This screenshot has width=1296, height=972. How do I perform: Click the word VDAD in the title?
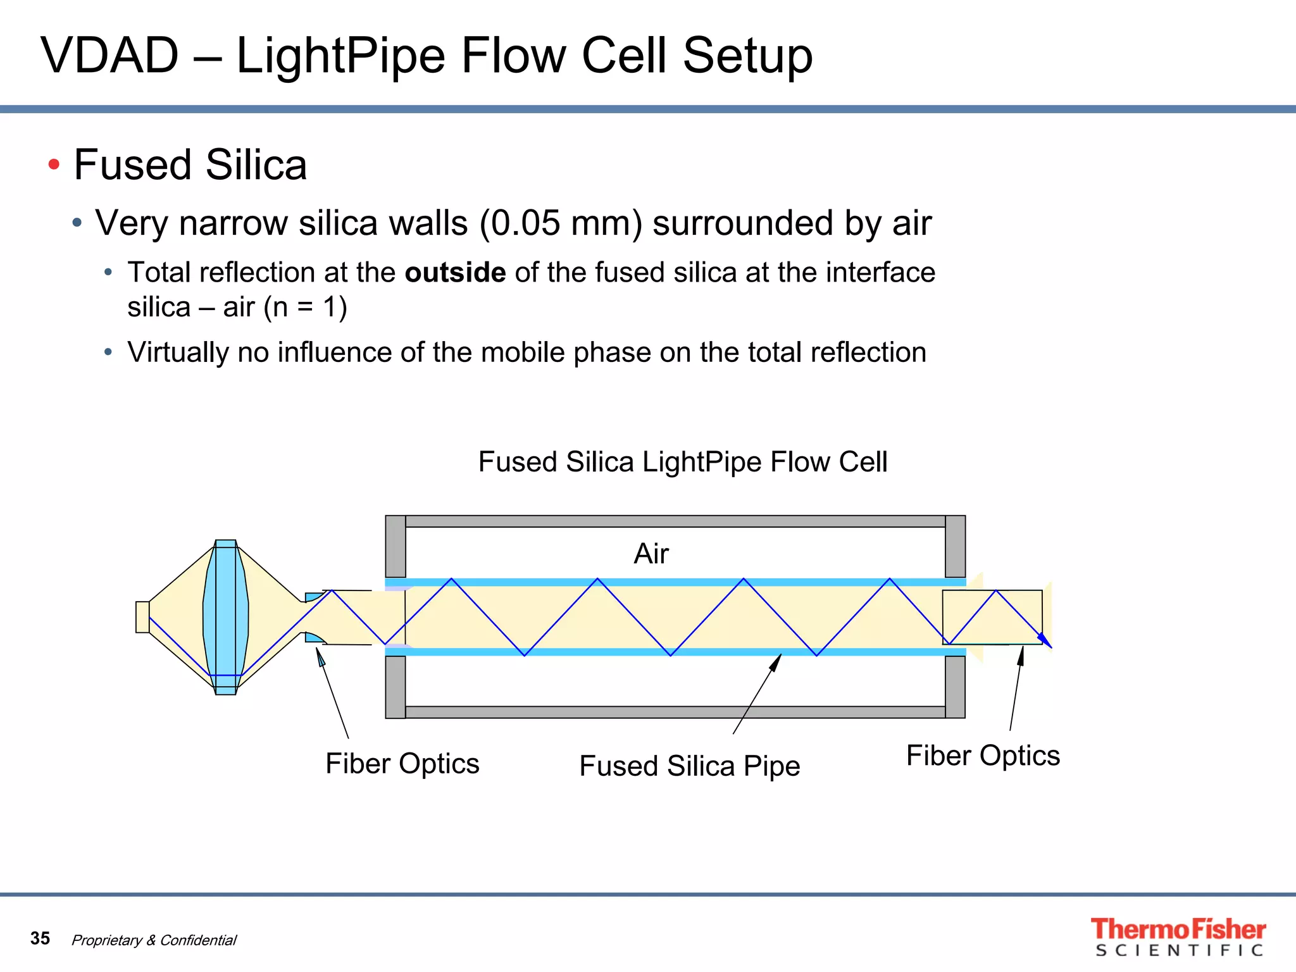pos(109,56)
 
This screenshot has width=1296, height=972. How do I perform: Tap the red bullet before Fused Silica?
pos(54,165)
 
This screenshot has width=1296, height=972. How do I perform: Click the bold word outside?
pos(455,273)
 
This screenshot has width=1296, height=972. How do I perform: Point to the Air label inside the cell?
pos(651,554)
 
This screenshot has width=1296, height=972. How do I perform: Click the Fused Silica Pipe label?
pos(689,766)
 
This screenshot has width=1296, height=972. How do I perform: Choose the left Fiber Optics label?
pos(402,764)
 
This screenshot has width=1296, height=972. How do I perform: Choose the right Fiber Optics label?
pos(983,756)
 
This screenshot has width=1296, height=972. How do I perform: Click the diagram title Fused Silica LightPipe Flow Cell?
pos(682,462)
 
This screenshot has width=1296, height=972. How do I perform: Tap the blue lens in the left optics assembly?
pos(225,617)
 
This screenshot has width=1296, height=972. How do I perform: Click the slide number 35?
pos(40,938)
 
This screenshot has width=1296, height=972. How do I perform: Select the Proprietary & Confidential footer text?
pos(154,940)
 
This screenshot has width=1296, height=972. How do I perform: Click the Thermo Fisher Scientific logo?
pos(1178,937)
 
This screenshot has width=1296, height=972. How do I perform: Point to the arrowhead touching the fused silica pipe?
pos(776,661)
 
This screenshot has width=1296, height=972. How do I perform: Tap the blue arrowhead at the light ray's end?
pos(1045,640)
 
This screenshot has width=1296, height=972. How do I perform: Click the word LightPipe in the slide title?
pos(340,56)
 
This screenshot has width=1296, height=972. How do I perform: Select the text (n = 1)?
pos(305,308)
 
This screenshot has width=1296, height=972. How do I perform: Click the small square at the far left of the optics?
pos(142,617)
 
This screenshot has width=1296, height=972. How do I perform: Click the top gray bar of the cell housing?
pos(675,521)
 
